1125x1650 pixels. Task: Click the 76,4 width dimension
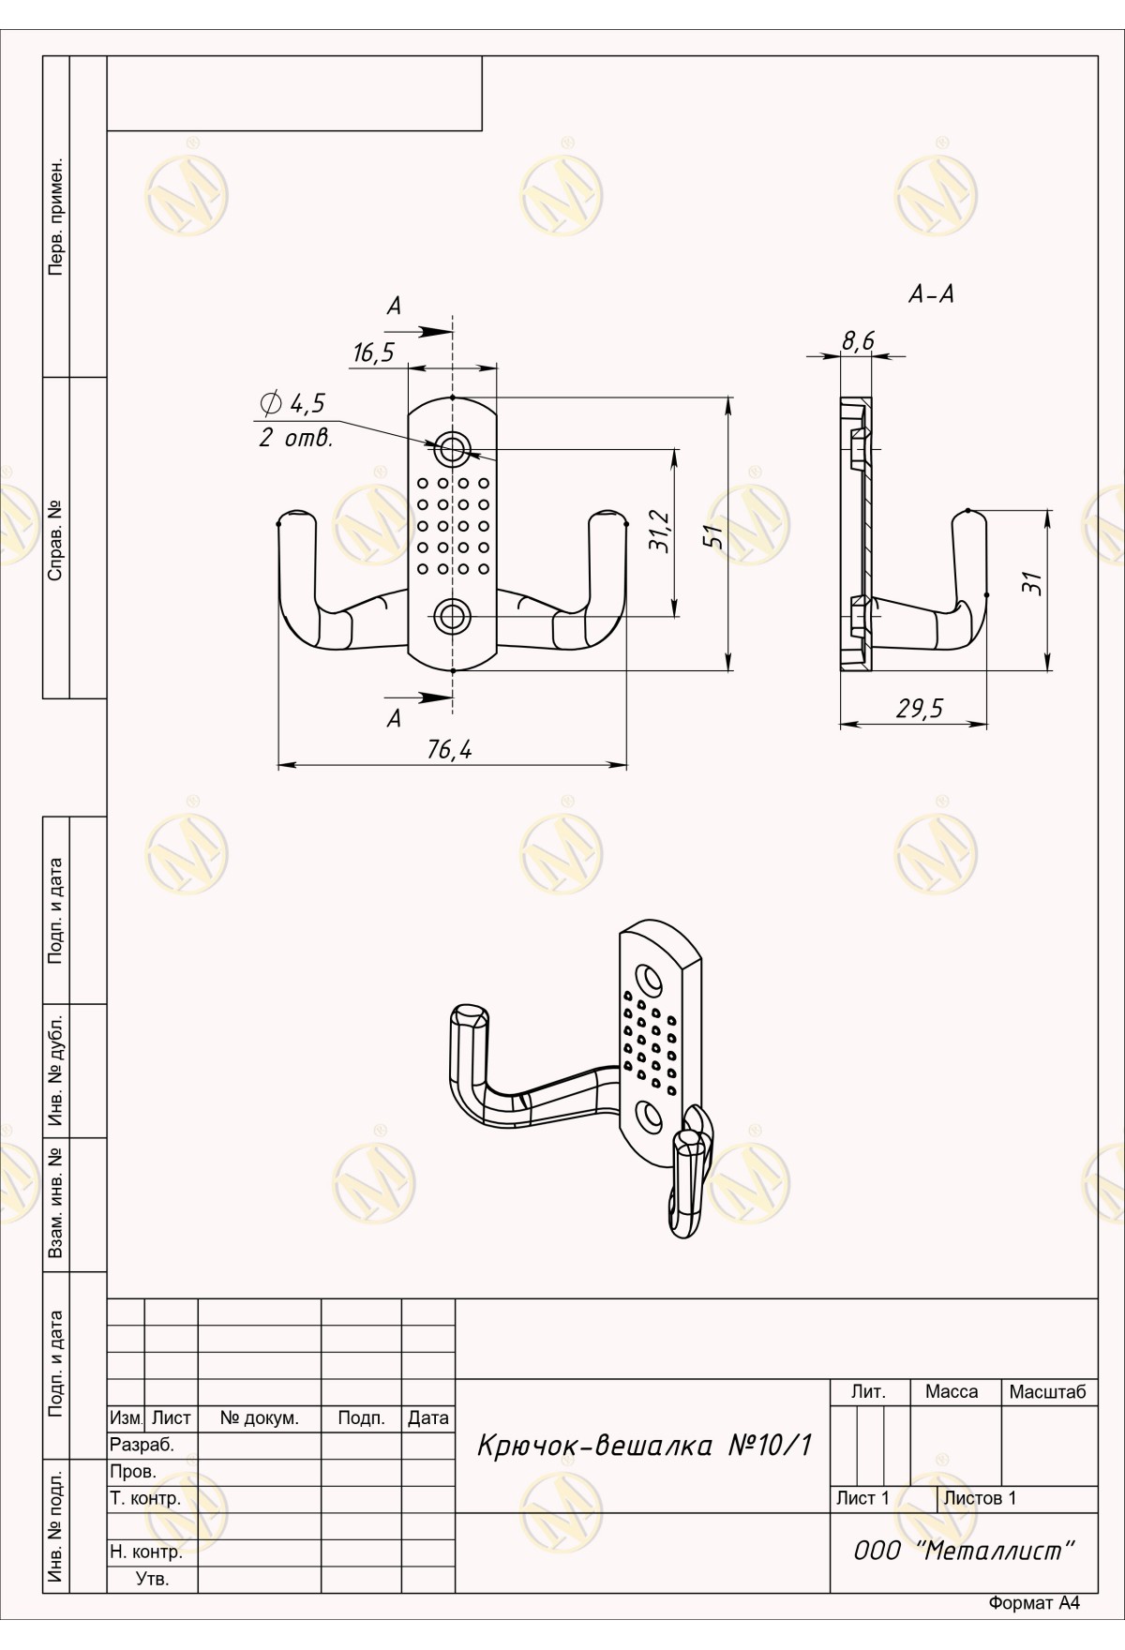pyautogui.click(x=449, y=750)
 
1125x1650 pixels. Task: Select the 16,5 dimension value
pyautogui.click(x=374, y=352)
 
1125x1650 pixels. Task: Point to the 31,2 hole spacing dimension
pyautogui.click(x=660, y=532)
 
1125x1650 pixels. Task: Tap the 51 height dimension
pyautogui.click(x=713, y=534)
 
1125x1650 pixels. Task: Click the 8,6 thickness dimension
pyautogui.click(x=857, y=340)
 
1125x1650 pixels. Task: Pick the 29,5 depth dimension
pyautogui.click(x=919, y=709)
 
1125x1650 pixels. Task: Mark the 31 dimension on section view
pyautogui.click(x=1032, y=583)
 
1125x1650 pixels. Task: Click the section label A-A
pyautogui.click(x=931, y=294)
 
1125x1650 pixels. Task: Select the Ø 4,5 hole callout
pyautogui.click(x=292, y=404)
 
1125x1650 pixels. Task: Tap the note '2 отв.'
pyautogui.click(x=295, y=439)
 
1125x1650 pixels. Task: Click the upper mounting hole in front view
pyautogui.click(x=453, y=448)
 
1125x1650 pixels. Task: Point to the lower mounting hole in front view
pyautogui.click(x=453, y=615)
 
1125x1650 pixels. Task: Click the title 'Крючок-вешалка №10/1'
pyautogui.click(x=644, y=1446)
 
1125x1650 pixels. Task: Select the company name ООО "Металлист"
pyautogui.click(x=963, y=1551)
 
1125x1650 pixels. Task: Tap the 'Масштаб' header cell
pyautogui.click(x=1047, y=1392)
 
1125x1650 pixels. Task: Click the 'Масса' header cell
pyautogui.click(x=952, y=1392)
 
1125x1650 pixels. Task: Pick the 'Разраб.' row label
pyautogui.click(x=142, y=1445)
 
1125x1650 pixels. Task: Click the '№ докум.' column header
pyautogui.click(x=260, y=1418)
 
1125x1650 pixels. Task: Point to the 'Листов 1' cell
pyautogui.click(x=980, y=1498)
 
